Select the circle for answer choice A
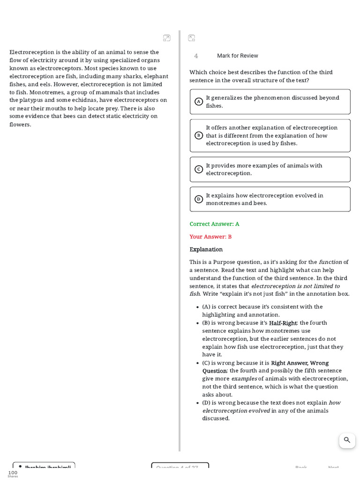[199, 102]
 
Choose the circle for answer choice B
[199, 135]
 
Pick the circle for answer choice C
[199, 169]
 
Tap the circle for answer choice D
[199, 199]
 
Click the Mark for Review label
[237, 56]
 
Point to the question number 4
[196, 56]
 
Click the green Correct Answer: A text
[214, 224]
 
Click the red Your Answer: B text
[210, 237]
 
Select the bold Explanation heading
[206, 249]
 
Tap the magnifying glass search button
[347, 440]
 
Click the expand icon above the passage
[167, 38]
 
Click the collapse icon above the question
[191, 38]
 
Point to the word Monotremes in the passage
[45, 92]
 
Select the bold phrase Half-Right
[283, 323]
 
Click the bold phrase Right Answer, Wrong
[300, 363]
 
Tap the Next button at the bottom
[333, 467]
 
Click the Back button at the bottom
[301, 467]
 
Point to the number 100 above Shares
[13, 472]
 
